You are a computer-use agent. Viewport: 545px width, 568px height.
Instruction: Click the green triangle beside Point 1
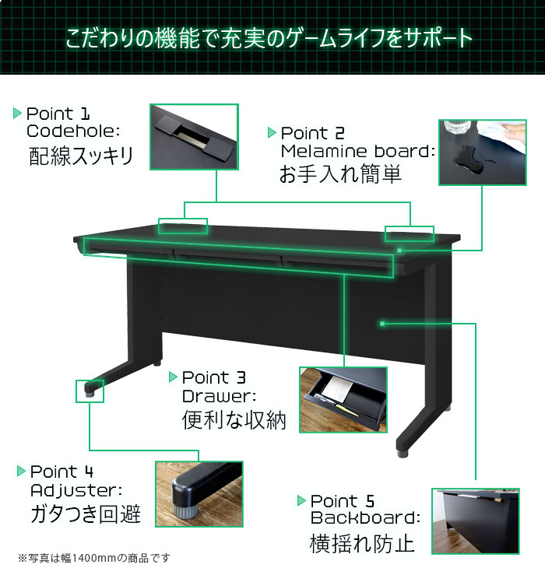17,113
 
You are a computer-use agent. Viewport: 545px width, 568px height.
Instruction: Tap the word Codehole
73,131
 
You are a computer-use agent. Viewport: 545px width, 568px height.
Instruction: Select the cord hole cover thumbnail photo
194,137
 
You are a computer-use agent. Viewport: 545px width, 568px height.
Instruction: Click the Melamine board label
357,151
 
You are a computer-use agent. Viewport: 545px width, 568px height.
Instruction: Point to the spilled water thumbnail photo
482,153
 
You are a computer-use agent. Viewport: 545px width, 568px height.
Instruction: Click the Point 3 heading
214,377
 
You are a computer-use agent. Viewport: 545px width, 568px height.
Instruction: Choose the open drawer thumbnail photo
343,400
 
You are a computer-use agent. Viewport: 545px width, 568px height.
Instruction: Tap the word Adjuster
76,491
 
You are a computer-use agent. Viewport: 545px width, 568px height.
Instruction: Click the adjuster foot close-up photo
199,494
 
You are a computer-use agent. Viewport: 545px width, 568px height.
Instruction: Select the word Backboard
365,517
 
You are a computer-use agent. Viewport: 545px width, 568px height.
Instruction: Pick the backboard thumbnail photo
476,521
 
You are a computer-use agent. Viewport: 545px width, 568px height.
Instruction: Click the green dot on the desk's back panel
382,324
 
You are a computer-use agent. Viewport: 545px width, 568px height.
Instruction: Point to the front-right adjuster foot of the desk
403,453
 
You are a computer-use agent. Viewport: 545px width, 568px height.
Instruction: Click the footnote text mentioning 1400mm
94,558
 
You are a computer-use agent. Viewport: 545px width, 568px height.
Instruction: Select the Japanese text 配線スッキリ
81,156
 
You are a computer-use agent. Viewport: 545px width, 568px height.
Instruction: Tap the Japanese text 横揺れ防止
362,543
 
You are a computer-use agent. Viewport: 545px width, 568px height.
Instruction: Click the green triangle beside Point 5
301,500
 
